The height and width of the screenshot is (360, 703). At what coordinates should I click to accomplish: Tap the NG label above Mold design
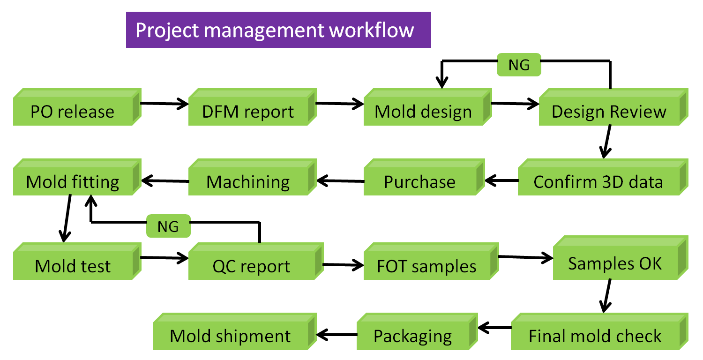point(519,65)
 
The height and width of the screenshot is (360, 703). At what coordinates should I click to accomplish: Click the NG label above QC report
point(168,226)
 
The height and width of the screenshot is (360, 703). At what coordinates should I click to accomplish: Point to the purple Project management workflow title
point(278,30)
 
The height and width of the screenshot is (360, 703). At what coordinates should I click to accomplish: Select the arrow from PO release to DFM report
point(164,104)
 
